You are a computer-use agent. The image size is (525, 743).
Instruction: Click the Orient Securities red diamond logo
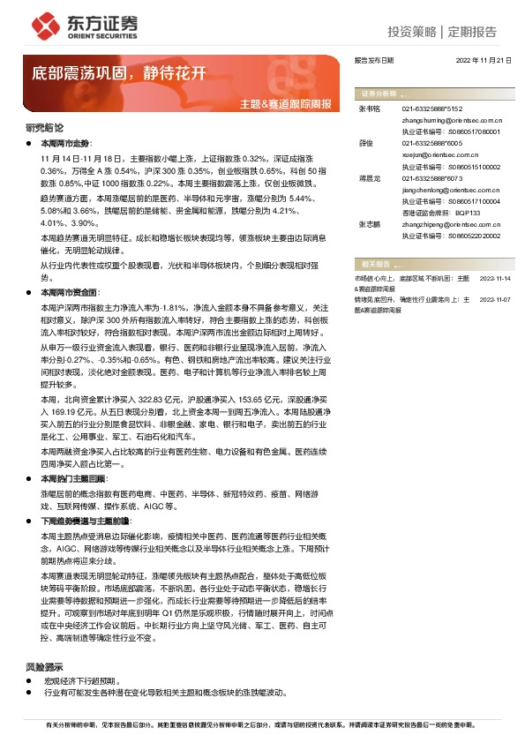tap(42, 24)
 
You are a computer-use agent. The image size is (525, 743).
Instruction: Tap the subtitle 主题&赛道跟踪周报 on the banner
tap(286, 104)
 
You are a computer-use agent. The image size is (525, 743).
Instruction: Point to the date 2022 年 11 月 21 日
tap(483, 61)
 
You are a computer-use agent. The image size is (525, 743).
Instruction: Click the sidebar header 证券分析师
tap(378, 93)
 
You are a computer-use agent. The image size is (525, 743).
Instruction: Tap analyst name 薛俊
tap(365, 143)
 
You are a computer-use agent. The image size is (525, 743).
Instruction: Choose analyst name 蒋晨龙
tap(369, 177)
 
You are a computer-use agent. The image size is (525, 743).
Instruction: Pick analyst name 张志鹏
tap(369, 225)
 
